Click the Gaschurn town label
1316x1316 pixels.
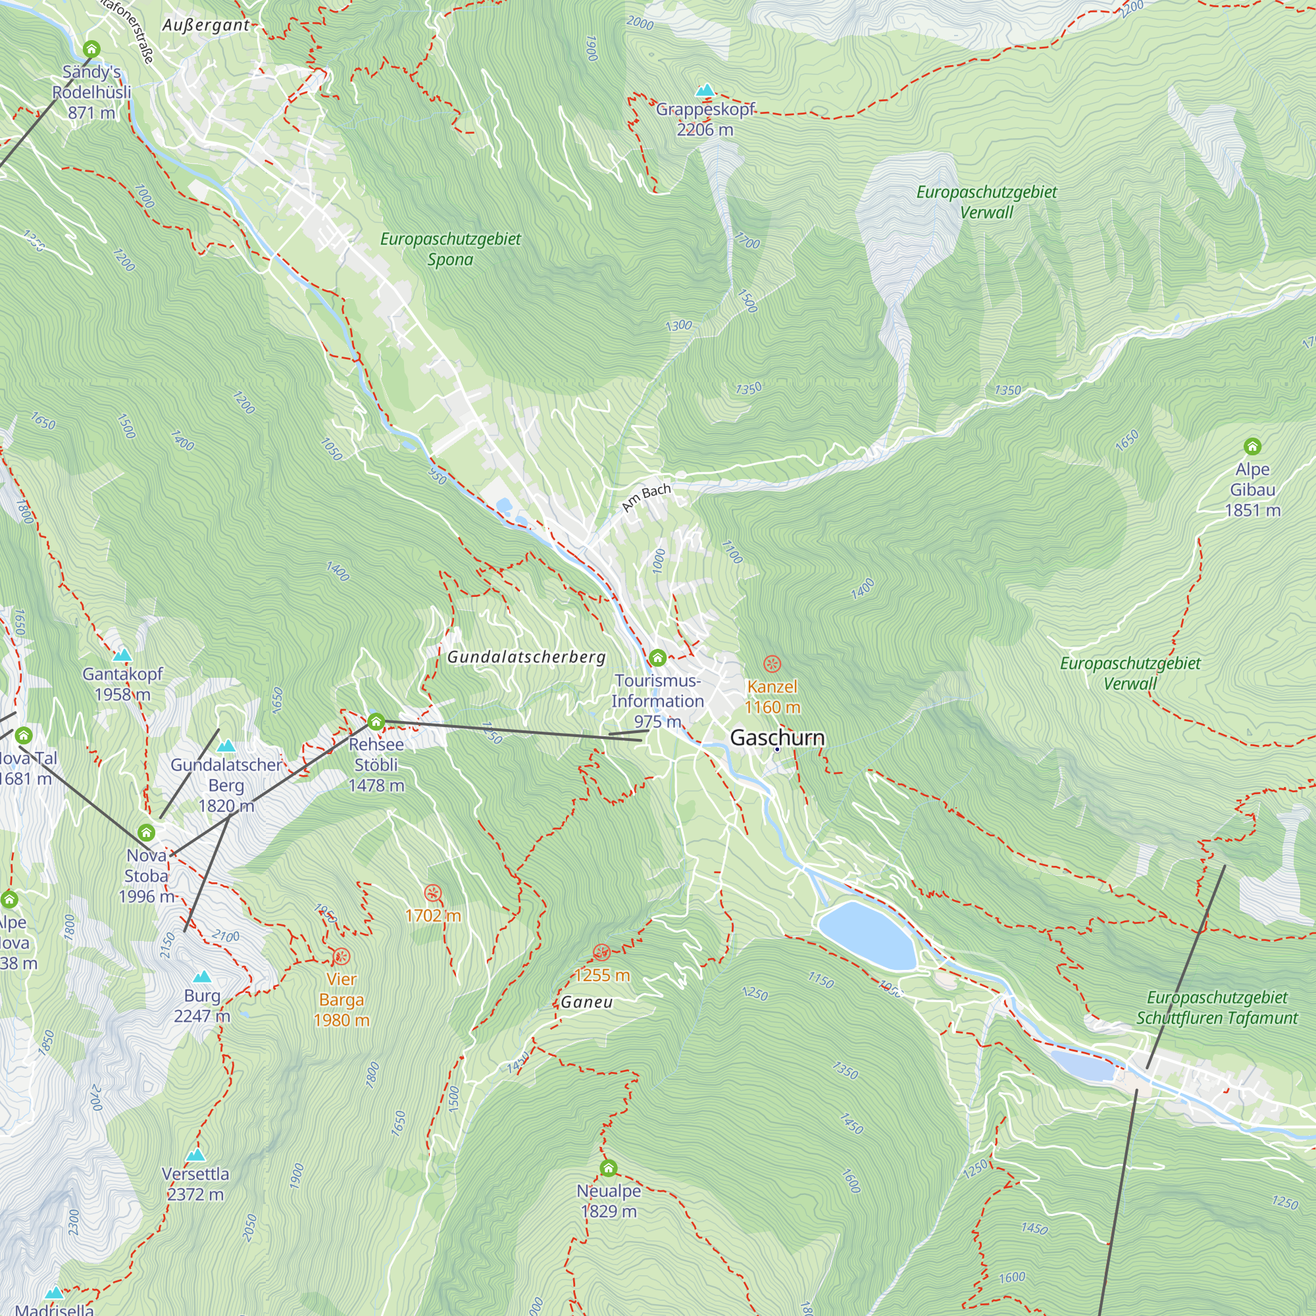click(x=776, y=738)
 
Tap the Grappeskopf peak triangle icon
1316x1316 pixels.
click(x=705, y=91)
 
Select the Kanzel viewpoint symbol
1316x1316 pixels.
click(x=771, y=663)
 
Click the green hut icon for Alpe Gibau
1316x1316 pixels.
click(x=1252, y=446)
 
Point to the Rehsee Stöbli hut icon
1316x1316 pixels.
click(x=375, y=721)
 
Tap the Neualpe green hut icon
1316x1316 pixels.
click(x=608, y=1168)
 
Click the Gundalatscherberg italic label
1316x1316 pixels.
click(x=526, y=657)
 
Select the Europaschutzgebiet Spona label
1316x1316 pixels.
click(x=450, y=249)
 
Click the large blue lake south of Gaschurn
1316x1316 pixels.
click(x=867, y=935)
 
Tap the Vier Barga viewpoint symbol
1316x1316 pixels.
click(x=341, y=956)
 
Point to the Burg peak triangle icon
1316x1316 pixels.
click(x=201, y=976)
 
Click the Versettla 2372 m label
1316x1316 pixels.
click(x=195, y=1184)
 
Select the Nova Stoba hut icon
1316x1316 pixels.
click(x=146, y=832)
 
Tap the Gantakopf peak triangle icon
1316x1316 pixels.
click(x=122, y=655)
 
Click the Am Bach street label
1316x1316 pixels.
click(x=645, y=498)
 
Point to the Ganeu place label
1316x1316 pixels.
click(x=586, y=1002)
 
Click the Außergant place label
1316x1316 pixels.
click(x=206, y=25)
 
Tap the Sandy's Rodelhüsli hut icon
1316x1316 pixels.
click(x=91, y=49)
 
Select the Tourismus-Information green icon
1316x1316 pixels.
click(x=657, y=657)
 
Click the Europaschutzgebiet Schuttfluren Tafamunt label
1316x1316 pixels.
click(x=1217, y=1008)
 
